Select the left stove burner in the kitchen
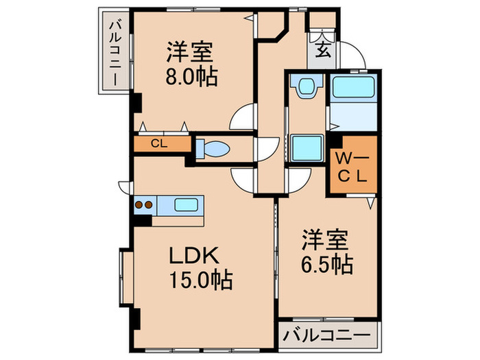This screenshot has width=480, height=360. click(139, 204)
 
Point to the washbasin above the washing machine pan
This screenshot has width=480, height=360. click(303, 86)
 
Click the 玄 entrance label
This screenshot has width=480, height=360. click(321, 49)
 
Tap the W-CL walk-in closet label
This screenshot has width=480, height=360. click(352, 166)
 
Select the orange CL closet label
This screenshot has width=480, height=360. click(159, 144)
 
